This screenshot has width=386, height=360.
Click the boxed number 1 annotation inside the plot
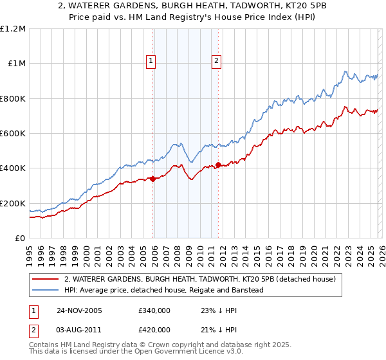tap(151, 62)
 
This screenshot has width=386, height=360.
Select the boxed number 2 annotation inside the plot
tap(216, 62)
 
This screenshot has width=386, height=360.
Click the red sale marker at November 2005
tap(153, 179)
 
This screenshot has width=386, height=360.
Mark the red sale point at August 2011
tap(218, 165)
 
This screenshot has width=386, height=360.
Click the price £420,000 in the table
tap(154, 329)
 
